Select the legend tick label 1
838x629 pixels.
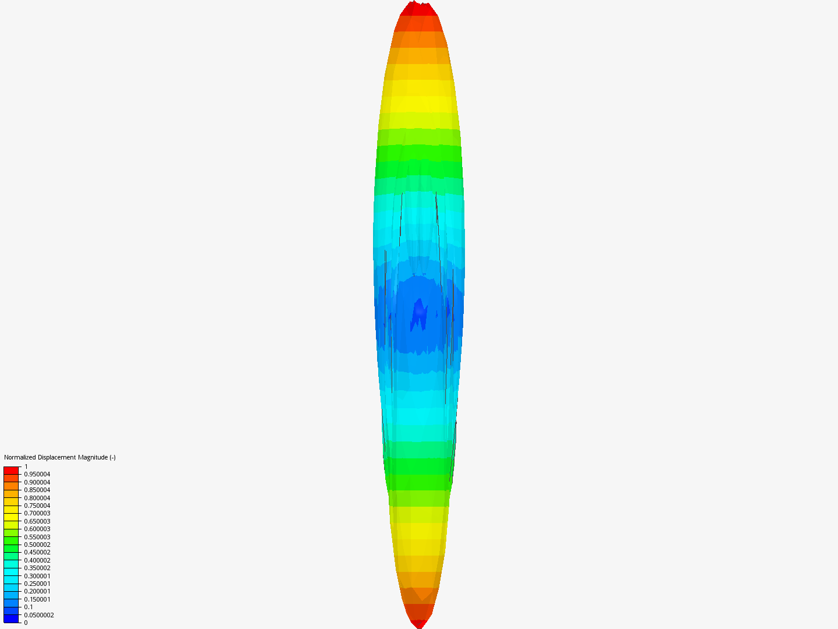click(26, 467)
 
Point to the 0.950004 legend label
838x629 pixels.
click(37, 474)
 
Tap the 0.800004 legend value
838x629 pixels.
click(37, 497)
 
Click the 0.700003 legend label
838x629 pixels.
click(37, 513)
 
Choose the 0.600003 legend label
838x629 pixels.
click(37, 529)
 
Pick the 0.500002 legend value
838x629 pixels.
click(37, 545)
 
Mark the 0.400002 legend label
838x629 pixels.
click(37, 560)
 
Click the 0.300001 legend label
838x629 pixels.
click(37, 576)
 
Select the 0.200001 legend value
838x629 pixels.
click(37, 591)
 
